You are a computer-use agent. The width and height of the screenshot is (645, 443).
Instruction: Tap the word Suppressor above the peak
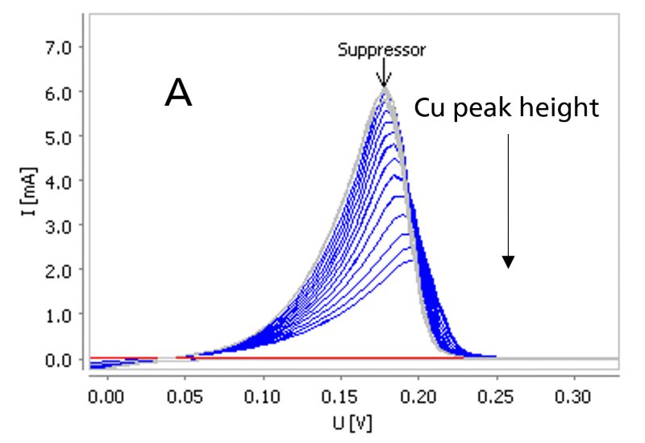381,50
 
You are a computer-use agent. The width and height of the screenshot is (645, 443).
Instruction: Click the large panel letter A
178,94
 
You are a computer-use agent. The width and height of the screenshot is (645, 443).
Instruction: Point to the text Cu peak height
507,109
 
